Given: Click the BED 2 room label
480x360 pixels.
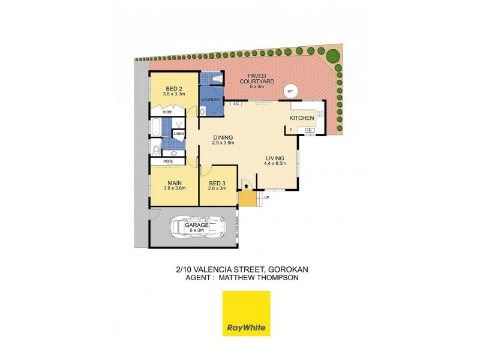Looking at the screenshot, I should click(x=173, y=88).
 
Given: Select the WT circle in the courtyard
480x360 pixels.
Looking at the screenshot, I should click(x=290, y=91).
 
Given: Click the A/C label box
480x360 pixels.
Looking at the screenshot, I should click(x=235, y=103).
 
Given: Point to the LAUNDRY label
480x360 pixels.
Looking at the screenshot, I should click(x=210, y=100).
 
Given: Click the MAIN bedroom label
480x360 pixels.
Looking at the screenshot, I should click(x=175, y=182).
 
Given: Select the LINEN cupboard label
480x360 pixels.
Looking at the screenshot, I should click(x=179, y=133).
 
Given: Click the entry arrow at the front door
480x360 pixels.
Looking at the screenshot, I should click(x=245, y=185).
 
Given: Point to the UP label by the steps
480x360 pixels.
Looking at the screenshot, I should click(x=267, y=197).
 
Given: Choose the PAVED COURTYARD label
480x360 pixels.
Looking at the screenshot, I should click(x=253, y=79).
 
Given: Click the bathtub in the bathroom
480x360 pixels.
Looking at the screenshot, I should click(x=155, y=127).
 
